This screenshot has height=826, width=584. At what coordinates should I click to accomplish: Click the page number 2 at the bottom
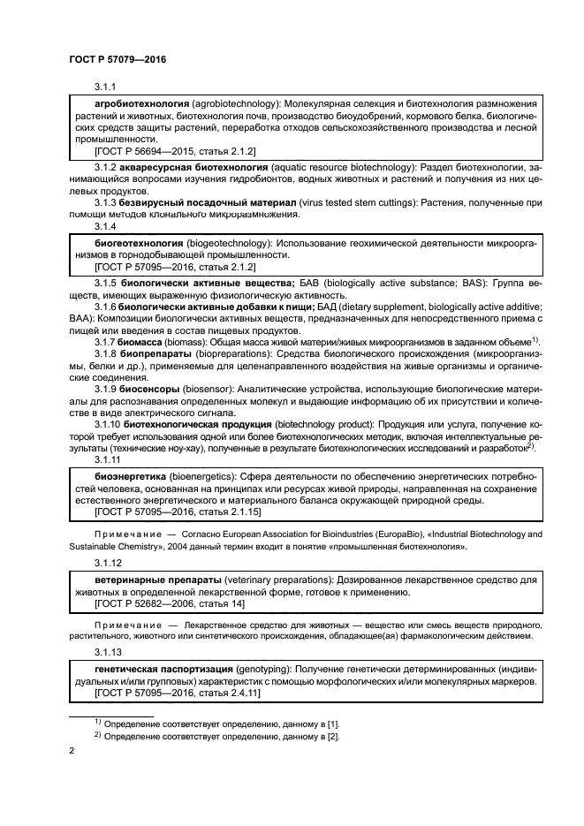pyautogui.click(x=72, y=751)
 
